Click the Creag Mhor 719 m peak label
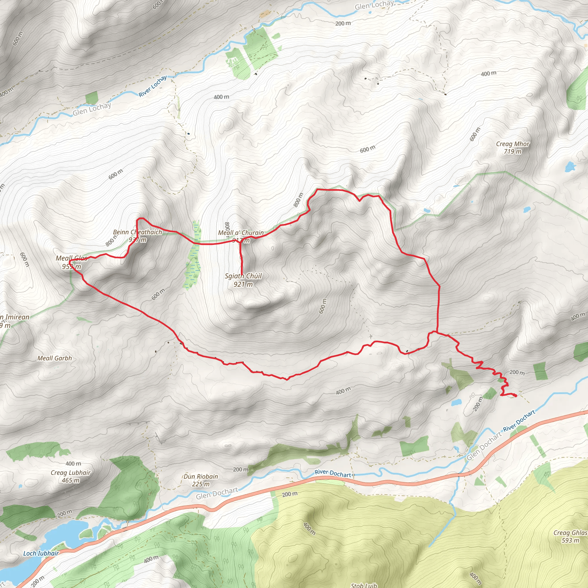click(x=512, y=148)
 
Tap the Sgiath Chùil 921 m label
click(x=243, y=280)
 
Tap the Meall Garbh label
click(x=55, y=358)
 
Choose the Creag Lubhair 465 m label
click(x=70, y=476)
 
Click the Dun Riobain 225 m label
click(x=201, y=480)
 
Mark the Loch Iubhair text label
click(x=41, y=553)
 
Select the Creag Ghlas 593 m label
click(x=570, y=536)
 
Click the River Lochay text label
click(x=153, y=86)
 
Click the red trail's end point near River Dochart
click(x=516, y=396)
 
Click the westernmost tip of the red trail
click(x=70, y=262)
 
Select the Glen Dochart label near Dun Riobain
click(x=217, y=493)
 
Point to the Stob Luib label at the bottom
click(x=364, y=585)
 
